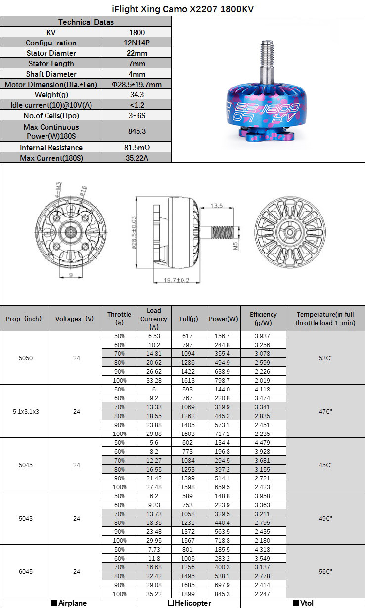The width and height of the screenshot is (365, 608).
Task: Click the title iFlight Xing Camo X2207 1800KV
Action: (x=182, y=9)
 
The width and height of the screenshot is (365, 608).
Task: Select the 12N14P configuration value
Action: (x=137, y=43)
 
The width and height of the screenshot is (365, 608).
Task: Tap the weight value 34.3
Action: (x=137, y=94)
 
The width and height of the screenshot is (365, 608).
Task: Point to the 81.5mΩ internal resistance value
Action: (x=137, y=147)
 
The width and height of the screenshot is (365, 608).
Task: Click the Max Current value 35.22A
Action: (x=137, y=158)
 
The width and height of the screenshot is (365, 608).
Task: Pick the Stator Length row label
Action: (x=51, y=63)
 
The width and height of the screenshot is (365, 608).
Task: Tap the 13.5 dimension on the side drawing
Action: (x=218, y=205)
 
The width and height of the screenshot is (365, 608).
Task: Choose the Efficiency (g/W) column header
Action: (x=263, y=318)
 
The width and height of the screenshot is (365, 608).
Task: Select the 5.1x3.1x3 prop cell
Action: (x=26, y=411)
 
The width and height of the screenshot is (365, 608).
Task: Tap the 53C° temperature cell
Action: (x=325, y=358)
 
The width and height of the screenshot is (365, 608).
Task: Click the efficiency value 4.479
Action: (x=263, y=442)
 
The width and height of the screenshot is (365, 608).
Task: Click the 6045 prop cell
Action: (x=26, y=571)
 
